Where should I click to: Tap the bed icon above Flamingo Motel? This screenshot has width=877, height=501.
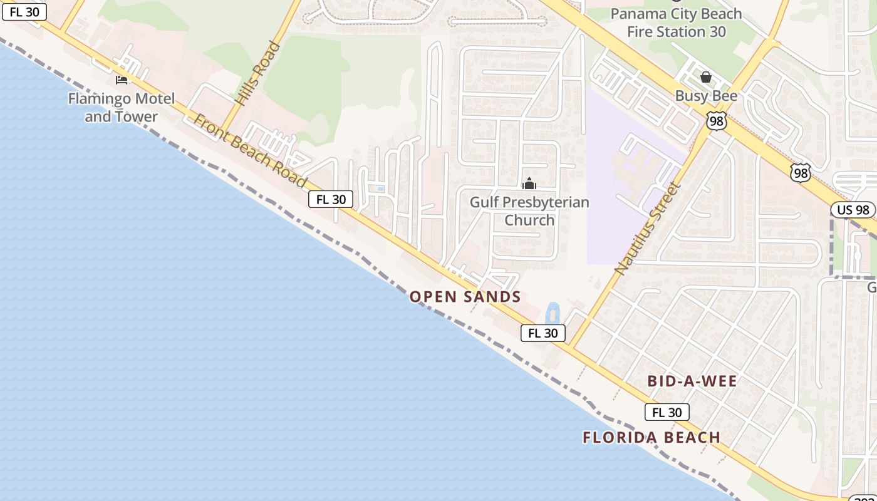[122, 80]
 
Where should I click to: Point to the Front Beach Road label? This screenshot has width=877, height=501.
[251, 150]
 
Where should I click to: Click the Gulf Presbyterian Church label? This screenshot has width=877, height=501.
[529, 211]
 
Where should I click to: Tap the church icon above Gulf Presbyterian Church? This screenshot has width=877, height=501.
[529, 183]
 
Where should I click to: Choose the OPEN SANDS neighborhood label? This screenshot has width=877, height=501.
[465, 297]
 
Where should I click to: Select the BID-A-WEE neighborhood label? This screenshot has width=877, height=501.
[692, 381]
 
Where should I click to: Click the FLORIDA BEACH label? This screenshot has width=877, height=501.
[651, 438]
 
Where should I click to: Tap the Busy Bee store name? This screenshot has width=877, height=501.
[706, 96]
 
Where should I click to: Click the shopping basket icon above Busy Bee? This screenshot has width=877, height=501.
[706, 77]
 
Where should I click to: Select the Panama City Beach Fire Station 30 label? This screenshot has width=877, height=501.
[676, 23]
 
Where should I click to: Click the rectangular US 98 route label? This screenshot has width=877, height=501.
[853, 210]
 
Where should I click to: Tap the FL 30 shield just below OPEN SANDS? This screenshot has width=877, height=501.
[543, 333]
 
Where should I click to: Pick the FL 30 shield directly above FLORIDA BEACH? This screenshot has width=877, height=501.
[667, 412]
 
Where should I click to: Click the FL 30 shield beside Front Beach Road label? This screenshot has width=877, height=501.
[331, 199]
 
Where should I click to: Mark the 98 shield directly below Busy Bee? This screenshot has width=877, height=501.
[717, 121]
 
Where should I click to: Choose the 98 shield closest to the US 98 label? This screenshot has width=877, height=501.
[801, 172]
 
